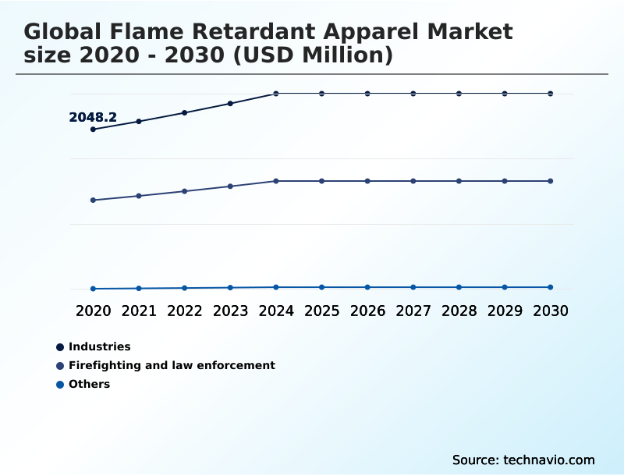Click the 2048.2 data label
pyautogui.click(x=93, y=118)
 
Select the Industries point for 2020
pyautogui.click(x=93, y=130)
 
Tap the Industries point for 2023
pyautogui.click(x=230, y=103)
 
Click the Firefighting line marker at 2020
pyautogui.click(x=93, y=201)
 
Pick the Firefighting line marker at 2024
pyautogui.click(x=276, y=181)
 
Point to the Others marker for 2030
pyautogui.click(x=550, y=287)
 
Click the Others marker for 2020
pyautogui.click(x=93, y=289)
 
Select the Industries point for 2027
pyautogui.click(x=413, y=94)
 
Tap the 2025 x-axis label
pyautogui.click(x=321, y=311)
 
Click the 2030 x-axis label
pyautogui.click(x=550, y=311)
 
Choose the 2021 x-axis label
pyautogui.click(x=139, y=311)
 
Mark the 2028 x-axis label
pyautogui.click(x=459, y=311)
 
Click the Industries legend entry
pyautogui.click(x=99, y=346)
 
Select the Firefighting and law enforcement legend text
pyautogui.click(x=172, y=365)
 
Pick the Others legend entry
pyautogui.click(x=89, y=384)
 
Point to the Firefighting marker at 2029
pyautogui.click(x=505, y=181)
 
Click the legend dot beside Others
pyautogui.click(x=59, y=385)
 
